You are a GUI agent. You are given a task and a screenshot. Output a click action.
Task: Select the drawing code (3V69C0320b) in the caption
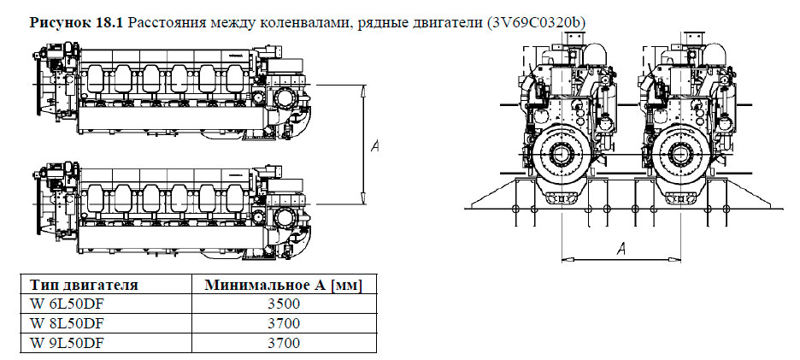coord(537,21)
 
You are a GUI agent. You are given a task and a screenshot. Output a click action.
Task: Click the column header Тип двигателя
coord(84,286)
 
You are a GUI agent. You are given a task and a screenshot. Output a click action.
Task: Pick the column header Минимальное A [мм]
coord(281,286)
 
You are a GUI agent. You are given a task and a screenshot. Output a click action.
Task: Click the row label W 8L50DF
coord(67,324)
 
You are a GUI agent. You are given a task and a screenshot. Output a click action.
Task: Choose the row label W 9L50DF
coord(67,344)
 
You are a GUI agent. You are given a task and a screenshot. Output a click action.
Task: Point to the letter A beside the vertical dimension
coord(374,146)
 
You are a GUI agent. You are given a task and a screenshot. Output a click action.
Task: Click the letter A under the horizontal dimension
coord(621,248)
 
